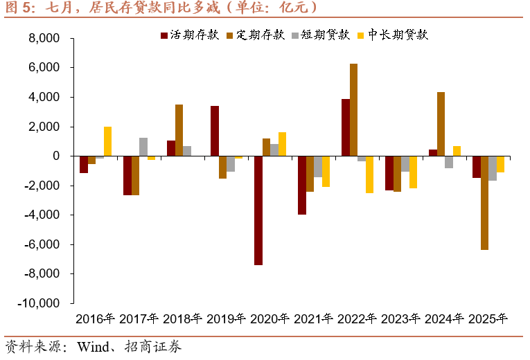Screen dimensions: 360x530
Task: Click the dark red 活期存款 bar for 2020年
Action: tap(258, 210)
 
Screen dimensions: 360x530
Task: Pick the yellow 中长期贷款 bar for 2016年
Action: tap(107, 141)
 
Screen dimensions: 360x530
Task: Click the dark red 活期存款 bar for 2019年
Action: tap(215, 131)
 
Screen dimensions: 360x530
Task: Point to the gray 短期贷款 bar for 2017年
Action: tap(143, 147)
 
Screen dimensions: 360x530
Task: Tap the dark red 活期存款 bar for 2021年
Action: tap(302, 185)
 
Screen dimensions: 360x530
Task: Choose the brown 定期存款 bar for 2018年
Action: tap(179, 130)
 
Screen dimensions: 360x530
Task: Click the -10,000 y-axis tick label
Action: tap(39, 303)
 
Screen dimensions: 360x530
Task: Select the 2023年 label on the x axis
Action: tap(400, 319)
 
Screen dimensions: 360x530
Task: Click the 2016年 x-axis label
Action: tap(95, 319)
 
